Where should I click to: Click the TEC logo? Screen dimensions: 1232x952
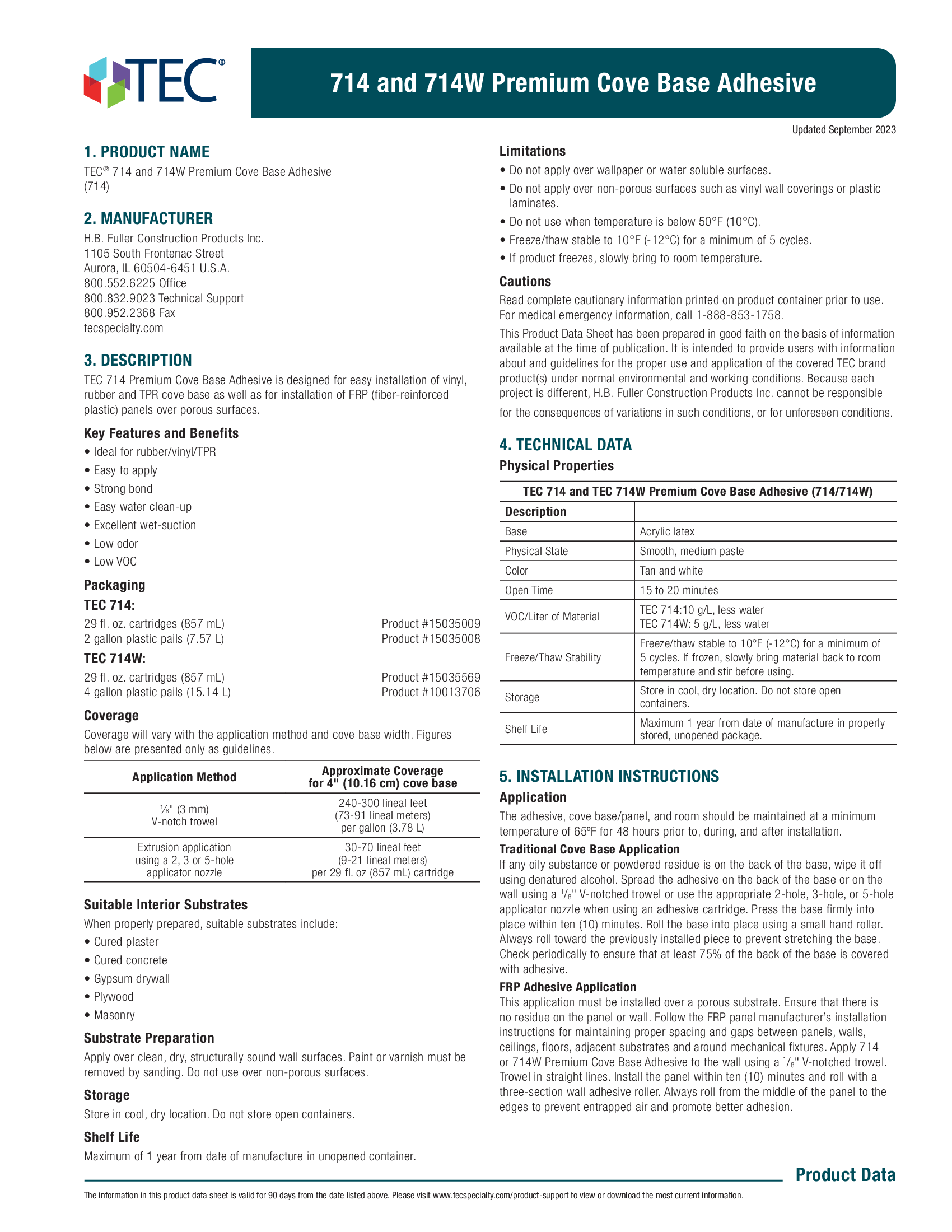(x=153, y=82)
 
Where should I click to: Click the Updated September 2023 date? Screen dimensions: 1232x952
(x=843, y=130)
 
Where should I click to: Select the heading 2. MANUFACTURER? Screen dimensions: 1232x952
(x=148, y=218)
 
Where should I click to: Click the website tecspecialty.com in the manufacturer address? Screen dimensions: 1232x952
(x=124, y=328)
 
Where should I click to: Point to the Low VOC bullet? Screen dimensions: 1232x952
(x=115, y=561)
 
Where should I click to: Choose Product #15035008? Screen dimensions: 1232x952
(x=430, y=638)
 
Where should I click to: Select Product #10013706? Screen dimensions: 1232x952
(x=430, y=692)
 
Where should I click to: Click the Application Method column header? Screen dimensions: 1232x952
(x=184, y=777)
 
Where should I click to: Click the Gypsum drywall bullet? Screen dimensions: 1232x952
(x=132, y=978)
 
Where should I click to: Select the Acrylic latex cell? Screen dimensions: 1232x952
(x=666, y=531)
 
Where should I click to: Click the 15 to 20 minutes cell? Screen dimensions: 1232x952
(x=679, y=590)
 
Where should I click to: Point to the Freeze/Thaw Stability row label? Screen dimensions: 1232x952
(x=553, y=657)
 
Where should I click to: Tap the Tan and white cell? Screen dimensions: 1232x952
(x=671, y=570)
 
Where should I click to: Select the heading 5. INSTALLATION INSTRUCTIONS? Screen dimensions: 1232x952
(x=609, y=776)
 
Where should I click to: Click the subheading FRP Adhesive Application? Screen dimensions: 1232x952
(x=567, y=987)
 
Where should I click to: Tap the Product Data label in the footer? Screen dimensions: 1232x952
(x=845, y=1174)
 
